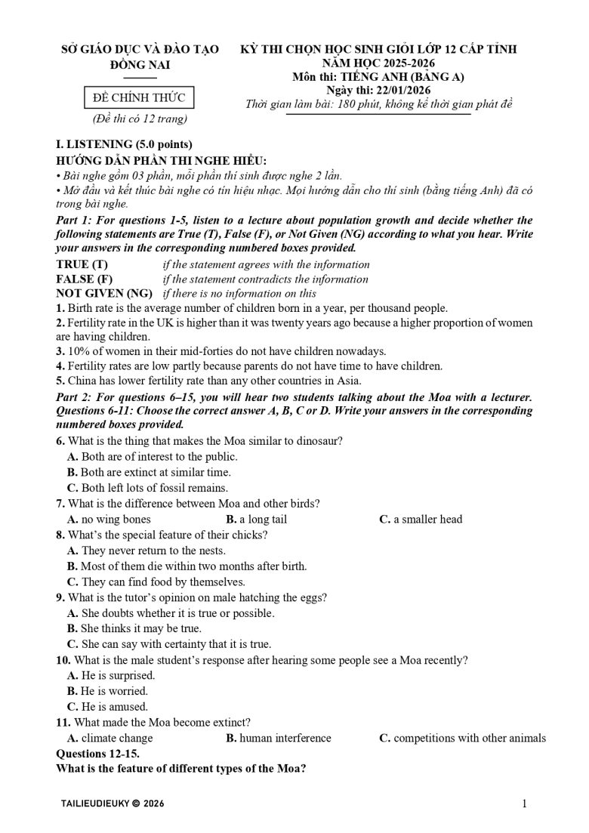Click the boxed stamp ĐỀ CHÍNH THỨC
click(x=134, y=97)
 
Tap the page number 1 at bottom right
click(x=524, y=805)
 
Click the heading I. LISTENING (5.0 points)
click(x=125, y=144)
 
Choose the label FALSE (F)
click(x=84, y=279)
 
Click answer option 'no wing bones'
click(x=116, y=519)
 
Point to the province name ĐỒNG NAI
click(x=140, y=65)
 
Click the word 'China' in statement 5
click(x=82, y=380)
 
